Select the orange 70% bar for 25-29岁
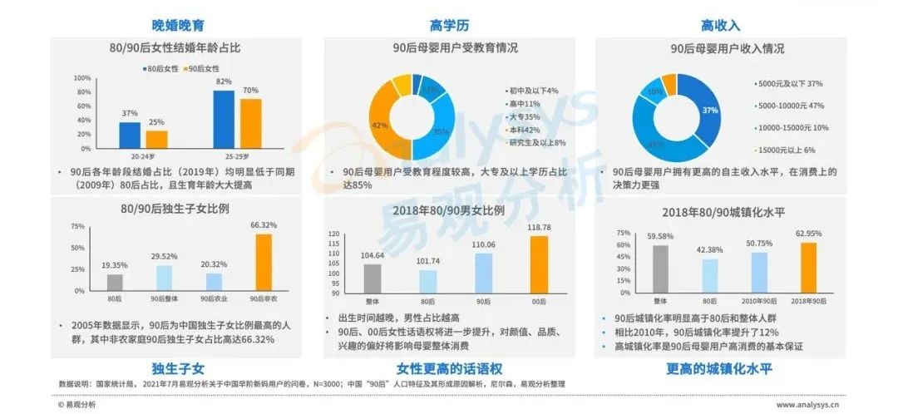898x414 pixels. (x=251, y=123)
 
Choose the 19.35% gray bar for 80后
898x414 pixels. (x=115, y=280)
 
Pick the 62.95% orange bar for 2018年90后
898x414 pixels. (x=808, y=266)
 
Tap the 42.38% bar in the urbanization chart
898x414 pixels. (x=709, y=277)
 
